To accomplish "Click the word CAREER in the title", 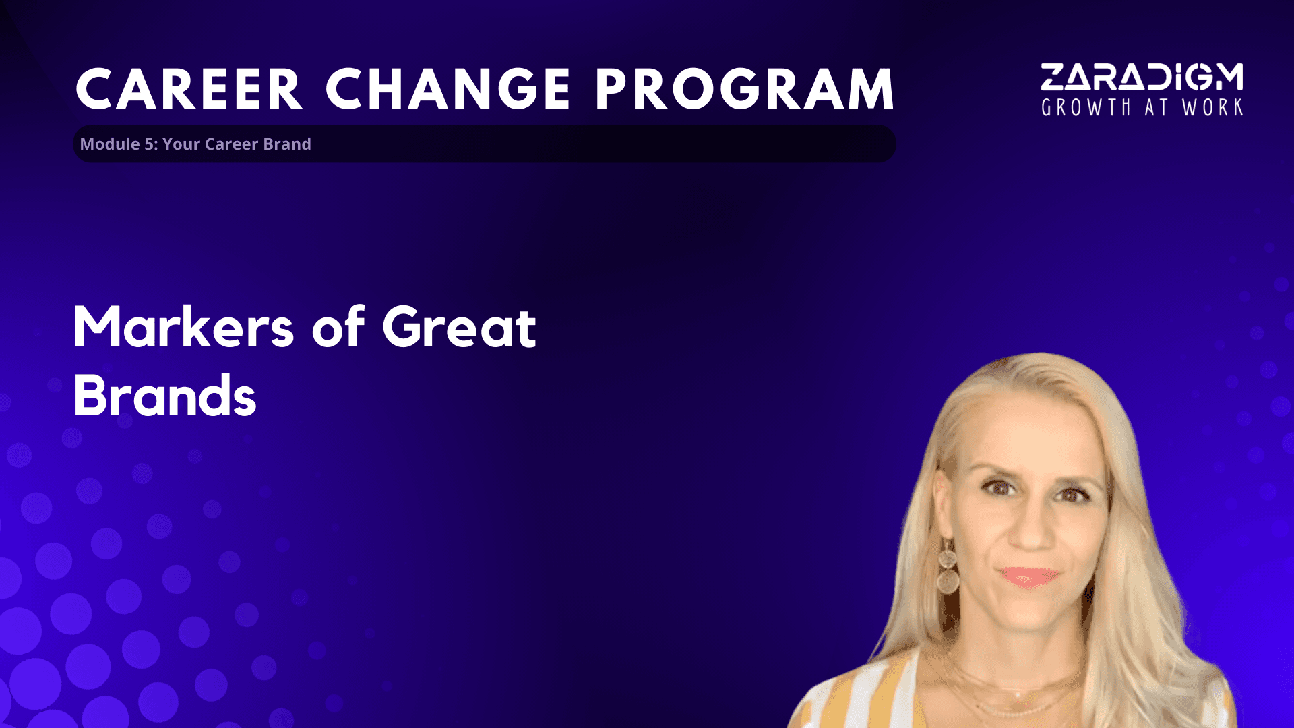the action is click(189, 89).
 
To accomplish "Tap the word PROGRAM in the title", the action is click(745, 89).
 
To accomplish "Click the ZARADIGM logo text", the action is click(1142, 77).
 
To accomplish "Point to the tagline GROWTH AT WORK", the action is click(1142, 107).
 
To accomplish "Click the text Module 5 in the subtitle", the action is click(118, 144).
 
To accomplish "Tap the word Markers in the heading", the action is click(183, 327).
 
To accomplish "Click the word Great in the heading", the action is click(459, 327).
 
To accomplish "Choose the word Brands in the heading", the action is click(164, 396).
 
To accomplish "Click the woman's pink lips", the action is click(1028, 577).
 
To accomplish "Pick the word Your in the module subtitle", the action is click(181, 144).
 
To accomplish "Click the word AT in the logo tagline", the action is click(1156, 107).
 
